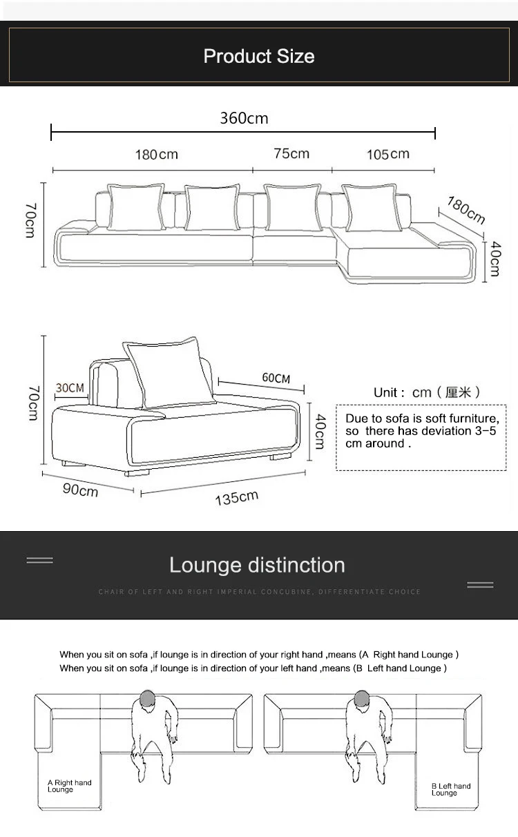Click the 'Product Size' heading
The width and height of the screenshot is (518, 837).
(x=259, y=56)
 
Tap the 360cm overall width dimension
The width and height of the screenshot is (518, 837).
(x=244, y=118)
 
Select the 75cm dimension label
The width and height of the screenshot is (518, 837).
(x=291, y=153)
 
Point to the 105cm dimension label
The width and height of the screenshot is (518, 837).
(x=387, y=154)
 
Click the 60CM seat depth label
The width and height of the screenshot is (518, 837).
(x=276, y=378)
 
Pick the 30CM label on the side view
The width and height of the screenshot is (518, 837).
(x=70, y=388)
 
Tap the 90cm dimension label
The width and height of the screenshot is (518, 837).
(x=79, y=490)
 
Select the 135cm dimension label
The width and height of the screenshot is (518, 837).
(x=236, y=497)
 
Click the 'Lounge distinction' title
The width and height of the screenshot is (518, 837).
(x=257, y=565)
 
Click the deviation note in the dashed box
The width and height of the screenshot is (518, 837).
(x=421, y=431)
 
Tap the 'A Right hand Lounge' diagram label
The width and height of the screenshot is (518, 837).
(x=69, y=786)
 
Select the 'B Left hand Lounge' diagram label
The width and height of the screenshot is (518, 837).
(x=451, y=789)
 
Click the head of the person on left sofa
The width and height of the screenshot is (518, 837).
(x=147, y=699)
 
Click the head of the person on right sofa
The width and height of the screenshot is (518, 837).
(x=362, y=699)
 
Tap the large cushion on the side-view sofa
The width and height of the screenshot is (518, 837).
(x=169, y=373)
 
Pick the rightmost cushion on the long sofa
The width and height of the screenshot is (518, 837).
(x=372, y=206)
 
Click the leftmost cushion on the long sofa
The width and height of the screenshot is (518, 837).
(x=135, y=206)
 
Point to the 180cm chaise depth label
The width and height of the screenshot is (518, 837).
(x=466, y=210)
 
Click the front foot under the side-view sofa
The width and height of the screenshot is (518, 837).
(x=137, y=474)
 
